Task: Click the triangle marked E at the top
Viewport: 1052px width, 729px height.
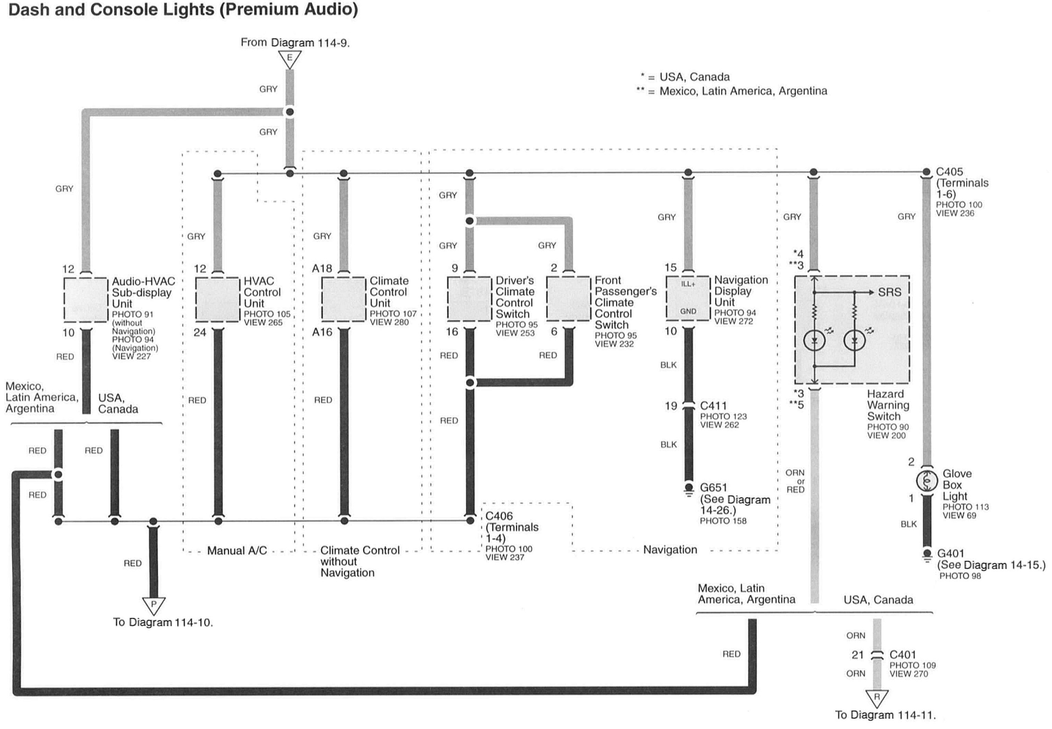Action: (290, 59)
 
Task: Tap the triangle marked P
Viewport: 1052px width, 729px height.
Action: (154, 604)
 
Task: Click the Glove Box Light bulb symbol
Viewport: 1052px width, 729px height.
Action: (926, 481)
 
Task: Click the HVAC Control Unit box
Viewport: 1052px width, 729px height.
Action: (217, 299)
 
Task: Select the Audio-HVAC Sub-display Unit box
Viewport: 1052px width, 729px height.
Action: (85, 300)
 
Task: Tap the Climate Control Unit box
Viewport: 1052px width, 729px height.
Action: (343, 299)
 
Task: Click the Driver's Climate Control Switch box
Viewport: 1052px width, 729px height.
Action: (469, 299)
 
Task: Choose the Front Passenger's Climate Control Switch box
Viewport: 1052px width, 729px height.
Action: (568, 299)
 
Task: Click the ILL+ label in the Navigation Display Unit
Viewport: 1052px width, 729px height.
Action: (688, 284)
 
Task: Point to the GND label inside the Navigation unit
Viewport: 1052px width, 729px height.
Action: (688, 312)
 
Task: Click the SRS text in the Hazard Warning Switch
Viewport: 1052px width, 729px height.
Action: (889, 292)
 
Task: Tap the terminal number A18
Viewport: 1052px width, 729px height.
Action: (322, 269)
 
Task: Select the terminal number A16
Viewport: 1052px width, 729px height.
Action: (322, 332)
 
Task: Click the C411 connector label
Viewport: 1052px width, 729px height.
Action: (713, 406)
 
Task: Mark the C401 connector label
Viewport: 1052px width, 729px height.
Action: (903, 655)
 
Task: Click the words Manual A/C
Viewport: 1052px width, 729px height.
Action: (237, 550)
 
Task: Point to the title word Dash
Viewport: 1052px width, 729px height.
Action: (29, 9)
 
